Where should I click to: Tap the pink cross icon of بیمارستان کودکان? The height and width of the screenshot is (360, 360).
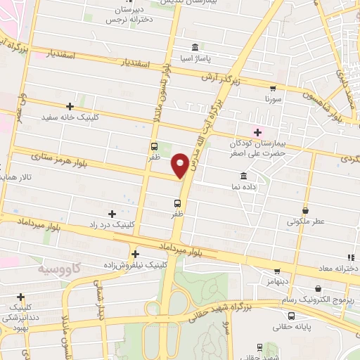tap(257, 131)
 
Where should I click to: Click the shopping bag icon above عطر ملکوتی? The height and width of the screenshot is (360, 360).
tap(305, 210)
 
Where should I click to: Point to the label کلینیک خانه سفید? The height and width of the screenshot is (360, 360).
tap(70, 117)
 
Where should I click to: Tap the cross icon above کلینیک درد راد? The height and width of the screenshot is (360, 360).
tap(111, 213)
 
